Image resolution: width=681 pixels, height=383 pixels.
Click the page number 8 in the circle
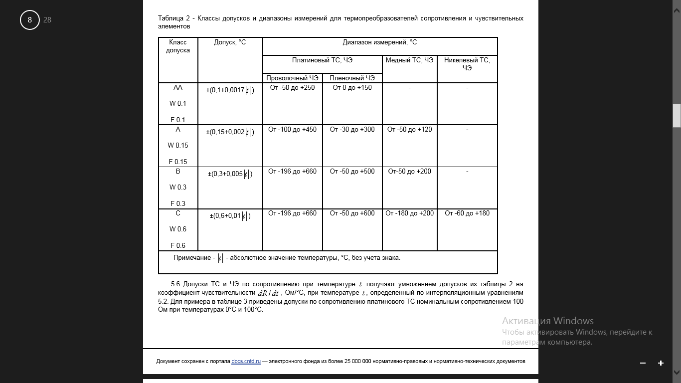pyautogui.click(x=30, y=20)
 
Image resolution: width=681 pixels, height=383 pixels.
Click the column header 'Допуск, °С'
pyautogui.click(x=230, y=42)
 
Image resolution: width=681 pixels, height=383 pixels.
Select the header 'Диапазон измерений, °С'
pyautogui.click(x=380, y=42)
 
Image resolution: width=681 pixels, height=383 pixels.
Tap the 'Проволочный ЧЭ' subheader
pyautogui.click(x=292, y=78)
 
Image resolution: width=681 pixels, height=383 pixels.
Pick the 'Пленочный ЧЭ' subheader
pyautogui.click(x=352, y=78)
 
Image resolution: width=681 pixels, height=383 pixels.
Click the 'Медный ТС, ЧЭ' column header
pyautogui.click(x=409, y=60)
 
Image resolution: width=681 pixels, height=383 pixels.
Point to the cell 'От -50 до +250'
pyautogui.click(x=292, y=88)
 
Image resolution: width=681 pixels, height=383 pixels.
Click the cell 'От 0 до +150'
pyautogui.click(x=352, y=88)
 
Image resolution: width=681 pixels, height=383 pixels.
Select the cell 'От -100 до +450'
pyautogui.click(x=292, y=130)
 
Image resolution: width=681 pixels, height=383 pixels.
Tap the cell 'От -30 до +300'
pyautogui.click(x=352, y=130)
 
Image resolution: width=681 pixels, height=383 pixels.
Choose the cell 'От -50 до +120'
pyautogui.click(x=409, y=130)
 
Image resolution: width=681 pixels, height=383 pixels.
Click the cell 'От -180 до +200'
pyautogui.click(x=409, y=213)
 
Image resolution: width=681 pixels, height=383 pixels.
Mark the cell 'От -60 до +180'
pyautogui.click(x=467, y=213)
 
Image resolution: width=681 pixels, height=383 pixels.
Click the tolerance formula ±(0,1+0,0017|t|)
pyautogui.click(x=230, y=90)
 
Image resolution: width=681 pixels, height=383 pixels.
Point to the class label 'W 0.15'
pyautogui.click(x=178, y=146)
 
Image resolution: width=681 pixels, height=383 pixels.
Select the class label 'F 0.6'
pyautogui.click(x=178, y=245)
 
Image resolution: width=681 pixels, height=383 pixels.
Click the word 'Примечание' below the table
pyautogui.click(x=192, y=258)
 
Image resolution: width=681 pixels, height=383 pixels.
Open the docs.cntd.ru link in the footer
pyautogui.click(x=246, y=362)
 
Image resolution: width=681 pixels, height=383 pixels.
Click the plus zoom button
pyautogui.click(x=661, y=363)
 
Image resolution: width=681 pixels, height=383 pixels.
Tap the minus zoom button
pyautogui.click(x=643, y=363)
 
